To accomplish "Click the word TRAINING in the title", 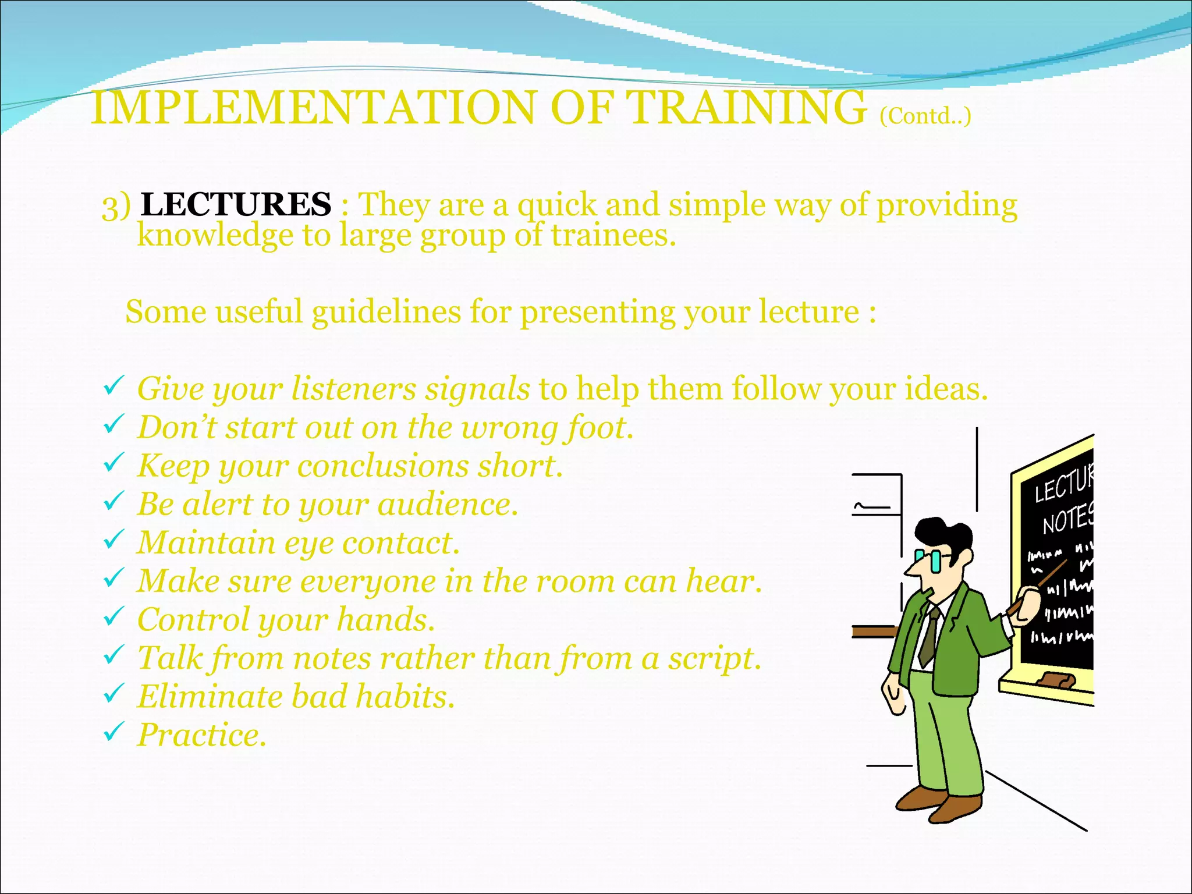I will pyautogui.click(x=748, y=108).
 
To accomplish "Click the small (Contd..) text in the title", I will pyautogui.click(x=925, y=116).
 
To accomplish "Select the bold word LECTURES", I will pyautogui.click(x=236, y=205).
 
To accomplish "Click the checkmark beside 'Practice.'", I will pyautogui.click(x=113, y=731).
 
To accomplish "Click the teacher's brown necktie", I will pyautogui.click(x=930, y=637).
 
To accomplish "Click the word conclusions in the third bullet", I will pyautogui.click(x=382, y=466).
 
